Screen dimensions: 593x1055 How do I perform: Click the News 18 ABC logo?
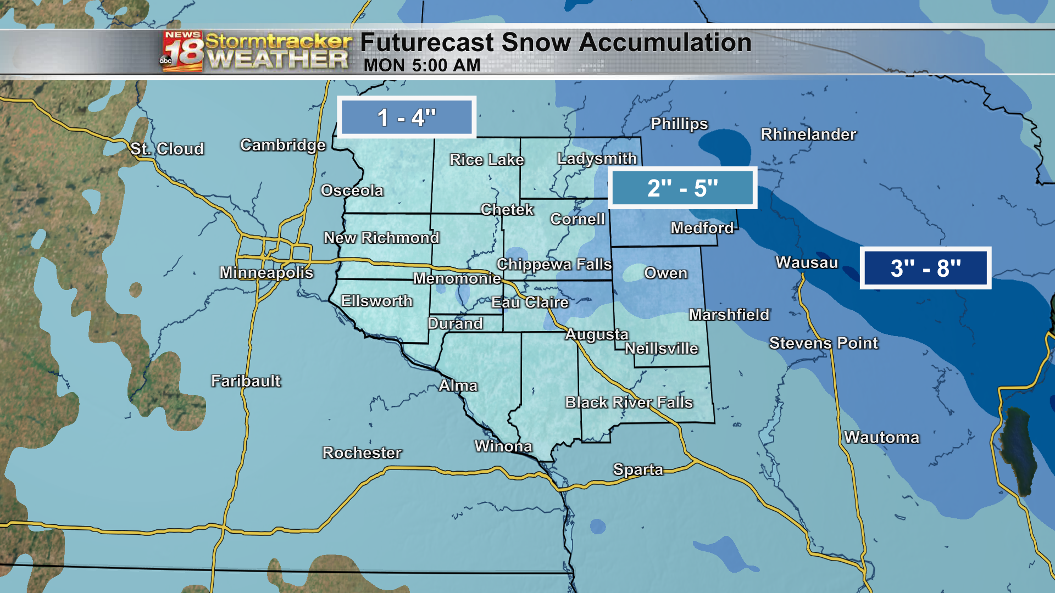[x=182, y=52]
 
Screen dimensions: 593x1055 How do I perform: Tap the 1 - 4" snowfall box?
[x=407, y=118]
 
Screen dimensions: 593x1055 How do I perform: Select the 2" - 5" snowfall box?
[x=682, y=188]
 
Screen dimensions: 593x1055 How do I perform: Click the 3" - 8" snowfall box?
[x=925, y=268]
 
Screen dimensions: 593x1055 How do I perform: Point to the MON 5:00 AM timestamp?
[x=422, y=65]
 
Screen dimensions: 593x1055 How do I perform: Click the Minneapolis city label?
[x=266, y=272]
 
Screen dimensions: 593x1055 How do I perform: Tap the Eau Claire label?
[x=530, y=303]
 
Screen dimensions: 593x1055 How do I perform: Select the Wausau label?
[x=807, y=262]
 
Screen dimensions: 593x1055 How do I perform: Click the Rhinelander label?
[x=808, y=135]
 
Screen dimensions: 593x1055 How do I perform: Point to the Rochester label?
[x=362, y=453]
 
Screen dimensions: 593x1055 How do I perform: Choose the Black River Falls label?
[x=629, y=402]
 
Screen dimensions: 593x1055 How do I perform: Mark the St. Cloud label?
[x=167, y=149]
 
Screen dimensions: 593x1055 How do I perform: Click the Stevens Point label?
[x=823, y=343]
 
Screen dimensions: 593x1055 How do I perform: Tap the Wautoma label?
[x=881, y=438]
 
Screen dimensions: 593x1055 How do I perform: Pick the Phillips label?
[x=679, y=124]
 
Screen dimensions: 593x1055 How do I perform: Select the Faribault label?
[x=246, y=381]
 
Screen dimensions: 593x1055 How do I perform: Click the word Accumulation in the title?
[x=665, y=43]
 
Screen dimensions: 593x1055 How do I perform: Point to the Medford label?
[x=702, y=228]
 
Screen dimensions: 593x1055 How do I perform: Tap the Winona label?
[x=503, y=446]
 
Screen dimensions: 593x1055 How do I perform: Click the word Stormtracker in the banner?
[x=278, y=41]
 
